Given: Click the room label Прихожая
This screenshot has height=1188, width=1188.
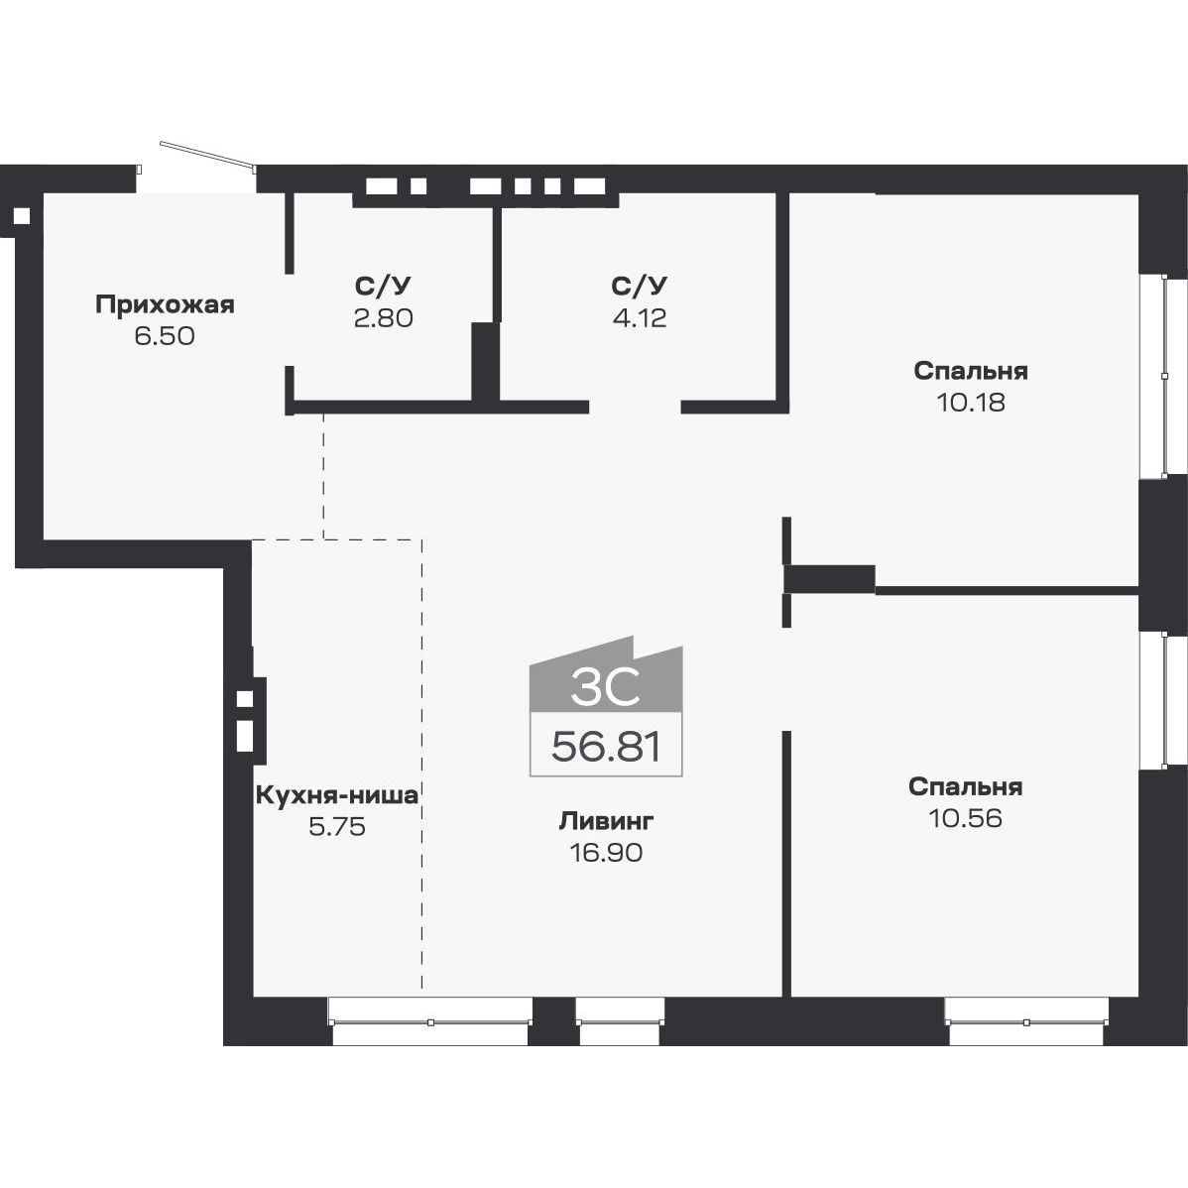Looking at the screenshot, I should [x=165, y=304].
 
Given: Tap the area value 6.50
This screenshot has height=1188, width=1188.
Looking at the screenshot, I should [x=165, y=336].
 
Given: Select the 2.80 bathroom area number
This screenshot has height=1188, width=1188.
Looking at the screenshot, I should [x=382, y=318].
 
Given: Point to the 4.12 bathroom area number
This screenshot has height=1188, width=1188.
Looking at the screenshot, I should [x=640, y=318].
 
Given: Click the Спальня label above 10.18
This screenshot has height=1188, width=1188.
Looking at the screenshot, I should [x=970, y=371].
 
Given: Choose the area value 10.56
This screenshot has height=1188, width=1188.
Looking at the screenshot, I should [x=965, y=818].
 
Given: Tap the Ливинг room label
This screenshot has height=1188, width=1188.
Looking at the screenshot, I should [x=606, y=821].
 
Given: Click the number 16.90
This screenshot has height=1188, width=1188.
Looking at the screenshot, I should [x=606, y=852].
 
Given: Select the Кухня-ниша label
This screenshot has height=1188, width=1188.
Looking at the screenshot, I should [x=337, y=794].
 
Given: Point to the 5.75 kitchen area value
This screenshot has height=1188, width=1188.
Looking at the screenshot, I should [x=337, y=826].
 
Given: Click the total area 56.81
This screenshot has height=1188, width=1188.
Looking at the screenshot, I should [x=606, y=746].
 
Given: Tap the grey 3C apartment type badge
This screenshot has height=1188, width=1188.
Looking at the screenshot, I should [x=606, y=684].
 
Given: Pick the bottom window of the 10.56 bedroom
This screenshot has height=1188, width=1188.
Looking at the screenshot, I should [x=1025, y=1021].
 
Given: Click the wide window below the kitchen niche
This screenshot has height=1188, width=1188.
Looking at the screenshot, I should [x=430, y=1021].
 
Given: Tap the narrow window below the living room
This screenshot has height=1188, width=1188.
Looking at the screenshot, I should [x=620, y=1021].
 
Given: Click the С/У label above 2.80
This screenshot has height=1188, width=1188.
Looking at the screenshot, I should [x=382, y=287].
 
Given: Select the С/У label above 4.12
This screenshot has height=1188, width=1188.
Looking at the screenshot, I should [x=640, y=287].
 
